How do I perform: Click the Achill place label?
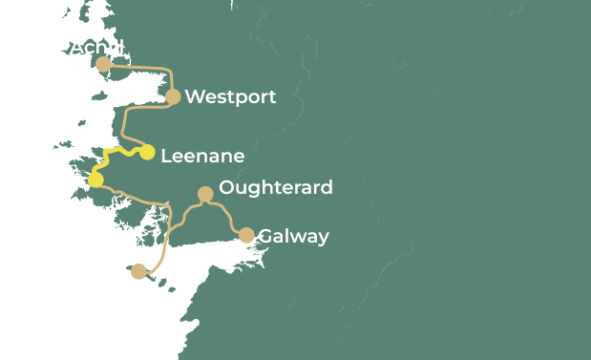[x=97, y=47]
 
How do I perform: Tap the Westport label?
[x=230, y=96]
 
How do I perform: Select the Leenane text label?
[x=202, y=156]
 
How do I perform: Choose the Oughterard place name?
[x=276, y=187]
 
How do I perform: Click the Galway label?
[x=293, y=236]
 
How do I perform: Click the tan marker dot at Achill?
[x=103, y=64]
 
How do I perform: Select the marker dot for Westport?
[x=173, y=96]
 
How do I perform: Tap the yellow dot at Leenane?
[x=147, y=153]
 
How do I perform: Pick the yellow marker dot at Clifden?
[x=95, y=180]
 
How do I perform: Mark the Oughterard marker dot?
[x=204, y=194]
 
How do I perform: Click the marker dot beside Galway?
[x=246, y=235]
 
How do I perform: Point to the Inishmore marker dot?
[x=139, y=271]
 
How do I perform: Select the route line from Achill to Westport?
[x=143, y=67]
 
